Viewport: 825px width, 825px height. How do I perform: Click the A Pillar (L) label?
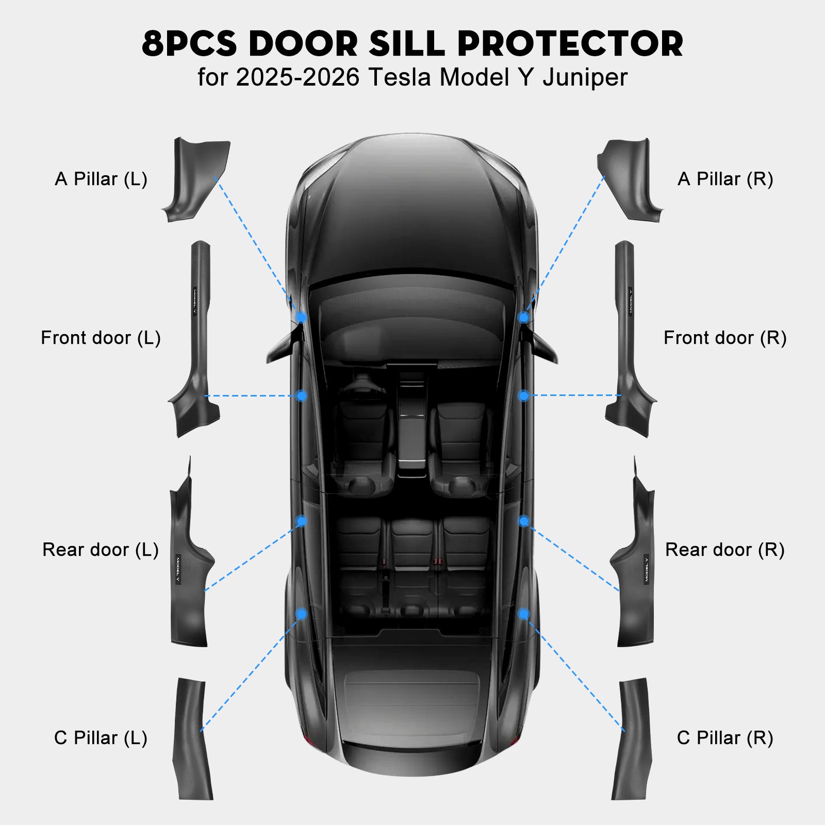[101, 179]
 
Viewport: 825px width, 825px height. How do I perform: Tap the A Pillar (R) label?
[725, 179]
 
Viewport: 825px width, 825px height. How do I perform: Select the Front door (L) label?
[101, 338]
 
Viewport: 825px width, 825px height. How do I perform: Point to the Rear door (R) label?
[724, 550]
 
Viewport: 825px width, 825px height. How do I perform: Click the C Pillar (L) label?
[101, 738]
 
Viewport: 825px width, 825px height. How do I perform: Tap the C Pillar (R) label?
[725, 738]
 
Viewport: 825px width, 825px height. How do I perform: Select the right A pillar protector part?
[629, 180]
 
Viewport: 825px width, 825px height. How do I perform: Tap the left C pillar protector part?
[192, 739]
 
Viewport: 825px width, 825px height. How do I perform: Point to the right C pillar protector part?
[632, 739]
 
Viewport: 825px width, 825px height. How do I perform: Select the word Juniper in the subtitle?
[585, 78]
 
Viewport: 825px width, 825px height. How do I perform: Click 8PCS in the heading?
[189, 44]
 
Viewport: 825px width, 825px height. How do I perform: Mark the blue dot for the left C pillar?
[302, 614]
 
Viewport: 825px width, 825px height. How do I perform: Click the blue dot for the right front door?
[523, 395]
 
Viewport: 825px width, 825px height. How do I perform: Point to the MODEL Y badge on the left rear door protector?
[178, 569]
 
